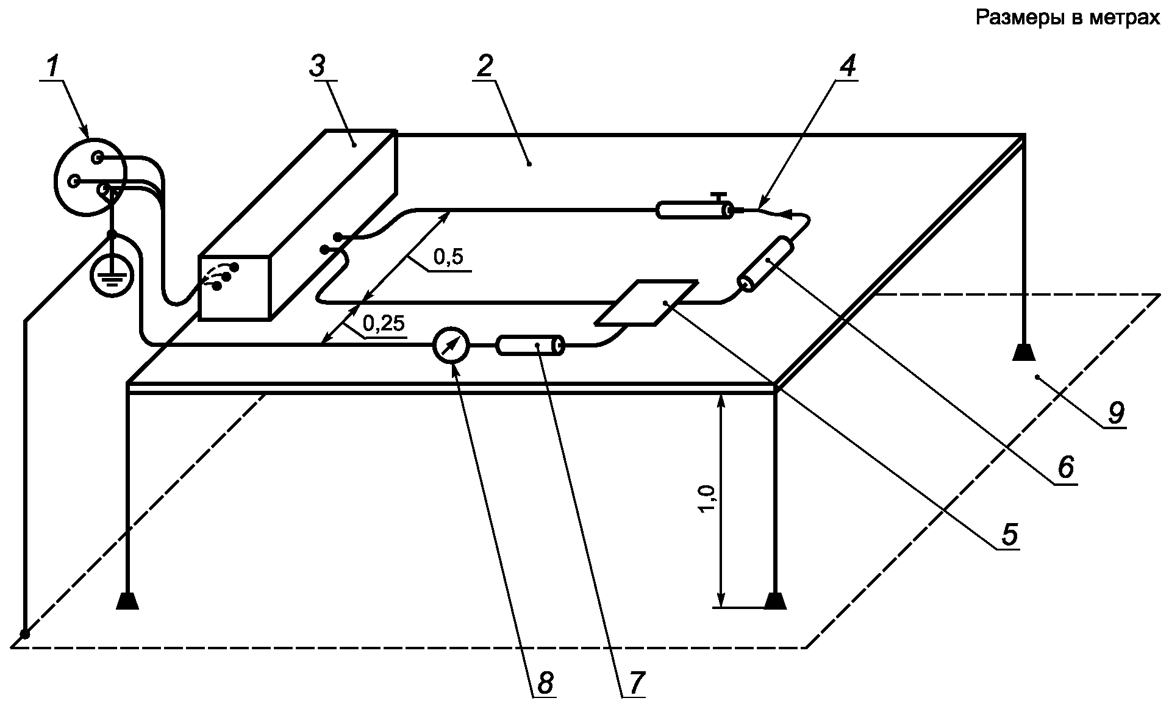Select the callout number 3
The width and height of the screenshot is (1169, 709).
pyautogui.click(x=318, y=66)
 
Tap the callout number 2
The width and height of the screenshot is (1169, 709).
pyautogui.click(x=485, y=66)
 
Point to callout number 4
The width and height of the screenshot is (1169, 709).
pyautogui.click(x=847, y=66)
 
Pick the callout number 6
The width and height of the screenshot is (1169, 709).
pyautogui.click(x=1065, y=468)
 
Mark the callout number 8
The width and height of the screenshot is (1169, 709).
pyautogui.click(x=545, y=683)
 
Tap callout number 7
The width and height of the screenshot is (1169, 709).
pyautogui.click(x=636, y=683)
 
